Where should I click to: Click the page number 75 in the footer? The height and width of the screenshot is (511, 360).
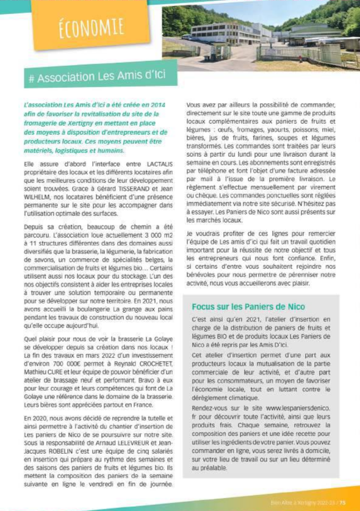click(342, 503)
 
